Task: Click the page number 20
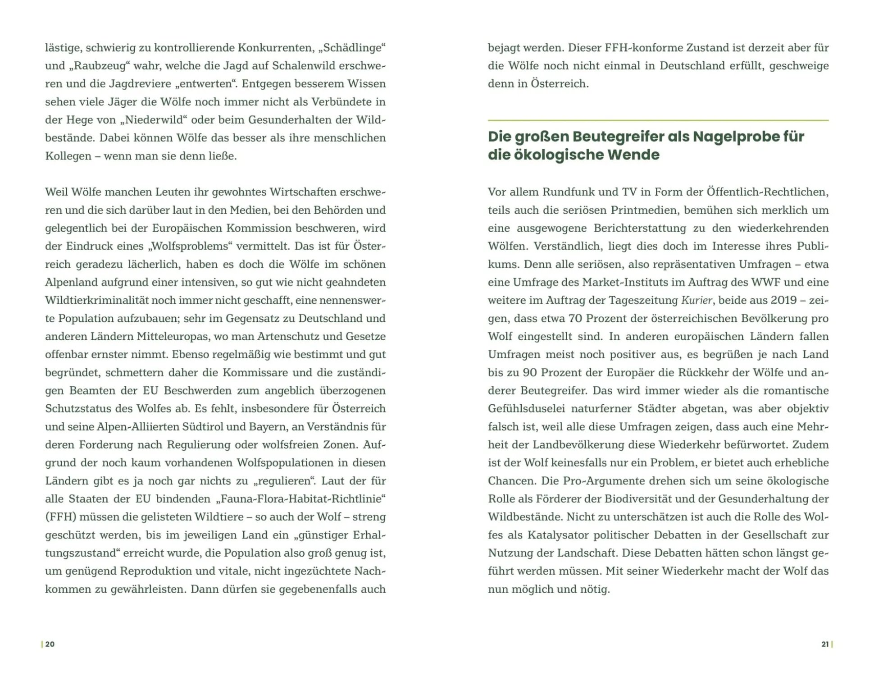tap(50, 644)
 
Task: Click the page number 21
tap(825, 644)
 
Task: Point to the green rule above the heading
tap(658, 120)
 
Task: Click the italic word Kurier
tap(697, 300)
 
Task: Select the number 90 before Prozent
tap(530, 372)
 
